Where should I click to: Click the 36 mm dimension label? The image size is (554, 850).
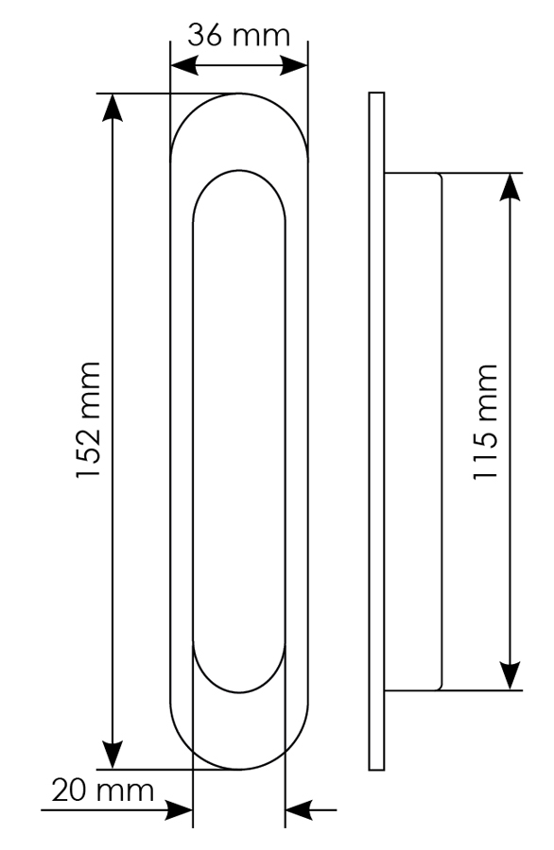tap(239, 36)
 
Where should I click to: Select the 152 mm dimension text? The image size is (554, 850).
tap(89, 420)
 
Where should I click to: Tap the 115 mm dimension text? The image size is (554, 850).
tap(485, 422)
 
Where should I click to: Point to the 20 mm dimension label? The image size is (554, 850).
tap(103, 790)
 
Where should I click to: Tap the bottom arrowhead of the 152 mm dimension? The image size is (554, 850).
tap(113, 756)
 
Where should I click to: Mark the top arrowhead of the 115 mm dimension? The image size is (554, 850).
tap(511, 187)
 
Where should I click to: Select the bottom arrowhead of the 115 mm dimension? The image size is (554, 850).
tap(511, 676)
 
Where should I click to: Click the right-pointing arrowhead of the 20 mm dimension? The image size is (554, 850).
tap(179, 810)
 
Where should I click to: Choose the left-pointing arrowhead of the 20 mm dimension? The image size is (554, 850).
tap(299, 810)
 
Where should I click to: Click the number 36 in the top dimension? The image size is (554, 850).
tap(205, 36)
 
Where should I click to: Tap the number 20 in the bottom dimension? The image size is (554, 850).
tap(69, 790)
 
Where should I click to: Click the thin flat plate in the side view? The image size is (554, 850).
tap(376, 431)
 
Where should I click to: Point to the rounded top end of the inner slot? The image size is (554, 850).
tap(239, 170)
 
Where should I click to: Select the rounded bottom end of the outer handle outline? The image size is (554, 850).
tap(239, 769)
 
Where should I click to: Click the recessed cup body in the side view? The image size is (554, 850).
tap(412, 432)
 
